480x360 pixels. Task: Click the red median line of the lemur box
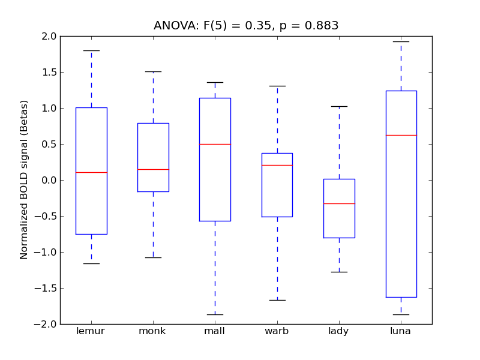pos(91,172)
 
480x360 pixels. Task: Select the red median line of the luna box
pos(401,135)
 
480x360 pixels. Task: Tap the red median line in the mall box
pos(215,144)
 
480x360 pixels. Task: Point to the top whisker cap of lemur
pos(91,50)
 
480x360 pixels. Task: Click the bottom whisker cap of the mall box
pos(215,314)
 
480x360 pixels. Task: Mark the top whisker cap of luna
pos(401,41)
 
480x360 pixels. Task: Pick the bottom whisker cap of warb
pos(277,300)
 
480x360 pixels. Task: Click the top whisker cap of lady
pos(339,106)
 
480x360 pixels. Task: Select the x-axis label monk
pos(153,331)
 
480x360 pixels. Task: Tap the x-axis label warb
pos(277,331)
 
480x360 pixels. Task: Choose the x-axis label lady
pos(339,331)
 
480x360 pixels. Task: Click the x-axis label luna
pos(401,331)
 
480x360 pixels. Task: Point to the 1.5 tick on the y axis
pos(49,72)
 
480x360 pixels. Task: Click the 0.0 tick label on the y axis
pos(49,180)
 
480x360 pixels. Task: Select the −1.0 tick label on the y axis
pos(46,252)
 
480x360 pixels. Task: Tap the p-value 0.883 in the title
pos(322,26)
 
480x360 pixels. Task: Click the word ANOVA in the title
pos(172,26)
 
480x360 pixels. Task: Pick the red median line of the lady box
pos(339,203)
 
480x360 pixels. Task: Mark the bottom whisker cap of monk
pos(153,257)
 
